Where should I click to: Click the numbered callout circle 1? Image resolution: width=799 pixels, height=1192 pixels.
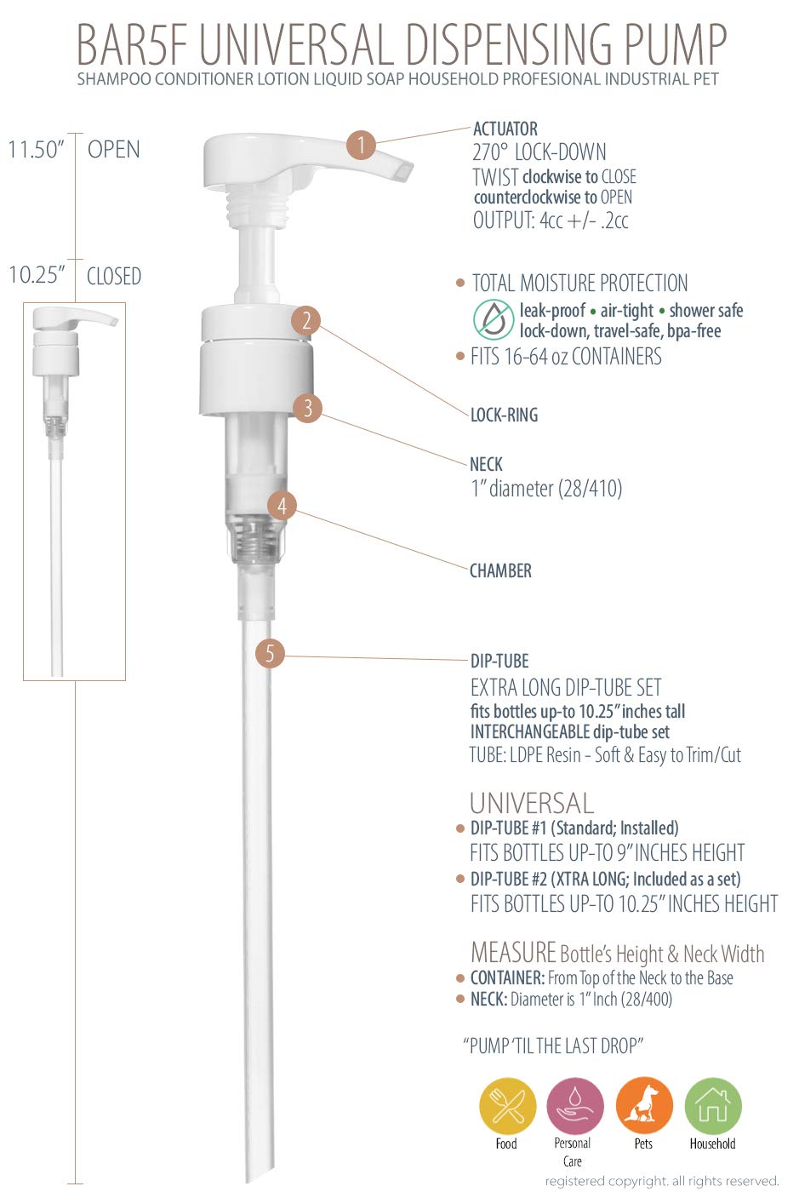pyautogui.click(x=361, y=145)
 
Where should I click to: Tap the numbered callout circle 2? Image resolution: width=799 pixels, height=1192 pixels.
pyautogui.click(x=305, y=321)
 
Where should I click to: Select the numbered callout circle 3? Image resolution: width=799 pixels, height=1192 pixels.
pyautogui.click(x=307, y=408)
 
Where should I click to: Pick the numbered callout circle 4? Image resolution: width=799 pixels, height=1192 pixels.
pyautogui.click(x=282, y=506)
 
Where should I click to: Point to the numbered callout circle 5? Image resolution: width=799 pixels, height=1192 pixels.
pyautogui.click(x=270, y=654)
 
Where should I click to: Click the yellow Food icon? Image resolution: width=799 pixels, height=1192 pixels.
pyautogui.click(x=507, y=1107)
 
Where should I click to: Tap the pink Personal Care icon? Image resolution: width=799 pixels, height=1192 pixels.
pyautogui.click(x=575, y=1107)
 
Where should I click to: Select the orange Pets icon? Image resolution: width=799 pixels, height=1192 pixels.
pyautogui.click(x=644, y=1107)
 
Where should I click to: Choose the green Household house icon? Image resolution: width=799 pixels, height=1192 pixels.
pyautogui.click(x=713, y=1107)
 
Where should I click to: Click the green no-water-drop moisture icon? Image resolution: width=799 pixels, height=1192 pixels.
pyautogui.click(x=494, y=320)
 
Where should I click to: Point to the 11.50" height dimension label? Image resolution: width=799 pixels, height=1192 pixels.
pyautogui.click(x=36, y=150)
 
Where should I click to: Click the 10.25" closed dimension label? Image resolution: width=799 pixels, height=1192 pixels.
pyautogui.click(x=37, y=275)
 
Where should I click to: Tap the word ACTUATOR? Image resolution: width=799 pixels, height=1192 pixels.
pyautogui.click(x=505, y=129)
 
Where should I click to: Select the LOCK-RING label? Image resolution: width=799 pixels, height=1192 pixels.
pyautogui.click(x=504, y=415)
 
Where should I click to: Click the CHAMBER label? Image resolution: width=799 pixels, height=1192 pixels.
pyautogui.click(x=500, y=570)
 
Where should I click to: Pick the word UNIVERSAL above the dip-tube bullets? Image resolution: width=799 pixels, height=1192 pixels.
pyautogui.click(x=532, y=804)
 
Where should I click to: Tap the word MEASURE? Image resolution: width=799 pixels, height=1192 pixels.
pyautogui.click(x=513, y=953)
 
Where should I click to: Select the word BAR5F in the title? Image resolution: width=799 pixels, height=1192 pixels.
pyautogui.click(x=133, y=44)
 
